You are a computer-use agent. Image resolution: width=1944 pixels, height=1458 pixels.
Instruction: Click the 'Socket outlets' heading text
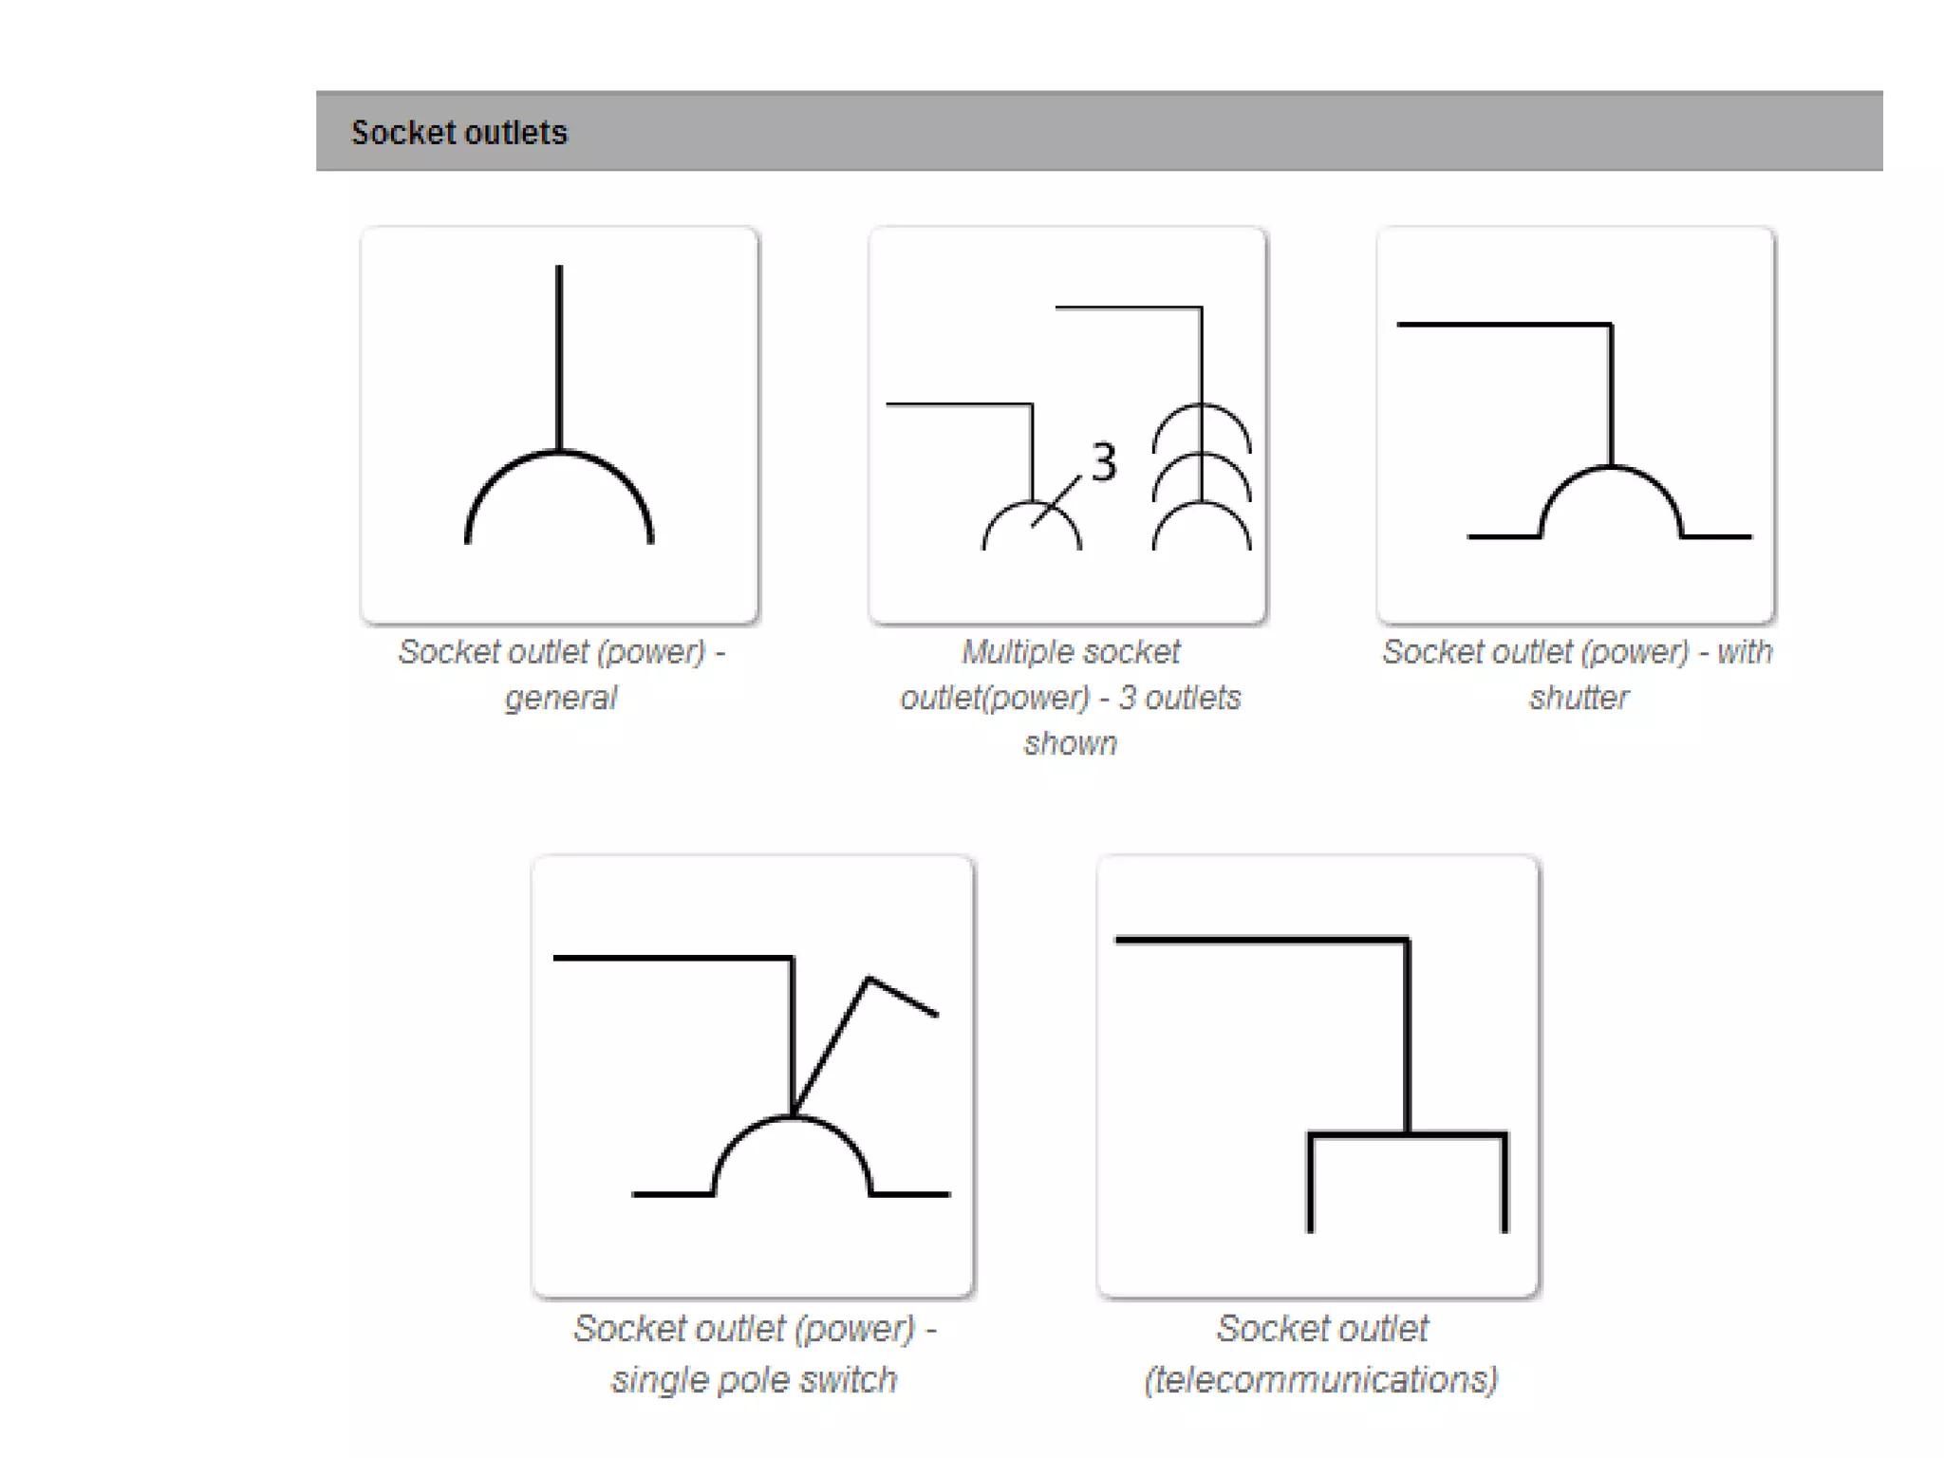click(x=458, y=132)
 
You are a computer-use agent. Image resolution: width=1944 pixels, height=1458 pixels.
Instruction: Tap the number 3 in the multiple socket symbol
click(x=1103, y=462)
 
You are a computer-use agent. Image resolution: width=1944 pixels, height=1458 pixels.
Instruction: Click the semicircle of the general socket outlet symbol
click(x=559, y=454)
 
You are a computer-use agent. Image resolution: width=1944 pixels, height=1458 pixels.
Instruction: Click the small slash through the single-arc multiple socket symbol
click(x=1056, y=500)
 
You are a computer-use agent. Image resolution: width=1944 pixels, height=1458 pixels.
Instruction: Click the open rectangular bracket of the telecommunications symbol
click(x=1408, y=1135)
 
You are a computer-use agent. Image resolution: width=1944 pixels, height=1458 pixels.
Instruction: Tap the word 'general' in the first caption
click(x=560, y=698)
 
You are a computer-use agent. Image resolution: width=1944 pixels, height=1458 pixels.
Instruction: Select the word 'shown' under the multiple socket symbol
click(x=1070, y=743)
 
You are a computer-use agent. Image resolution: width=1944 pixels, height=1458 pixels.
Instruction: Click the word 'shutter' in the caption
click(x=1579, y=698)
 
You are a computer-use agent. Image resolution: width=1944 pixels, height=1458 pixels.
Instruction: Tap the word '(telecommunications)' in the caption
click(x=1320, y=1379)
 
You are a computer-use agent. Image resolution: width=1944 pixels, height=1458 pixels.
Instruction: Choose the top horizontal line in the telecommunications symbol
click(x=1262, y=941)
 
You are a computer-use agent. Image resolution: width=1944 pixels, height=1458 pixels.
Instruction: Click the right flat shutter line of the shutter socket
click(x=1716, y=536)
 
